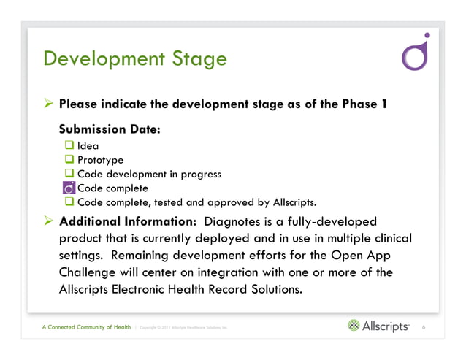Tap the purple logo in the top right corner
pyautogui.click(x=416, y=53)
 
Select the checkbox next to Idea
pyautogui.click(x=70, y=146)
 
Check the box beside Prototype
pyautogui.click(x=70, y=160)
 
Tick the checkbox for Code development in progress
pyautogui.click(x=70, y=174)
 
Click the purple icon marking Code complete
pyautogui.click(x=69, y=188)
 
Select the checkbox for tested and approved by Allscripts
pyautogui.click(x=70, y=202)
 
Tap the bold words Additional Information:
pyautogui.click(x=127, y=221)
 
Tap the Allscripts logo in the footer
pyautogui.click(x=378, y=326)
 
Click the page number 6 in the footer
pyautogui.click(x=424, y=327)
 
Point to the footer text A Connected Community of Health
pyautogui.click(x=86, y=327)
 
